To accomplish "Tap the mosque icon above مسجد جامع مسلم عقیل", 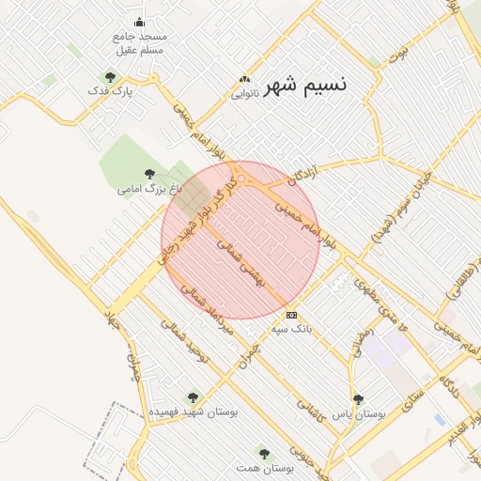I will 140,23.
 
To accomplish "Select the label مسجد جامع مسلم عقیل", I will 138,42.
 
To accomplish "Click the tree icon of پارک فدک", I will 111,77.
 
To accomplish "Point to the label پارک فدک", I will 111,92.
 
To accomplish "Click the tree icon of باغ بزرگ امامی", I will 149,173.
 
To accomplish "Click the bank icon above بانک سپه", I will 291,315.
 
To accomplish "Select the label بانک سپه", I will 291,330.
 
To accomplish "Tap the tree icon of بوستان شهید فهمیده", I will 194,397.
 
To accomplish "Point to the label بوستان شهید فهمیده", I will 194,412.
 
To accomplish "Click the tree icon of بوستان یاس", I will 357,398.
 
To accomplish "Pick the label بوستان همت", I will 264,468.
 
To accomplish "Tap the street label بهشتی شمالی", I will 243,264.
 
